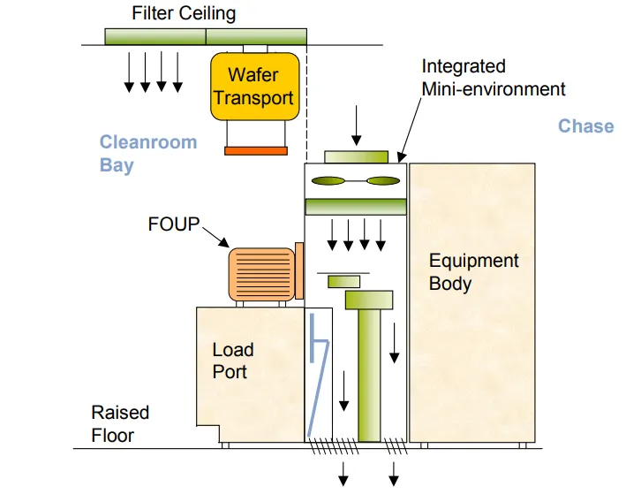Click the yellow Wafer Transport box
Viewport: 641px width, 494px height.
(254, 87)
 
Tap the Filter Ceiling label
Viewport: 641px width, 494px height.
(184, 13)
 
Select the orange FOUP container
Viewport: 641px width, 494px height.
(261, 274)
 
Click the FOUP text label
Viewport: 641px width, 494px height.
(174, 224)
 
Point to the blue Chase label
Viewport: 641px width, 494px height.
(585, 126)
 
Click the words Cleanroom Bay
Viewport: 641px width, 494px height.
(148, 154)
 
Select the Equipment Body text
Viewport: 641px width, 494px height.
(474, 272)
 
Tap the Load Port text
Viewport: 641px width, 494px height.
(233, 361)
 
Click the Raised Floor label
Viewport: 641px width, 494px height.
(120, 424)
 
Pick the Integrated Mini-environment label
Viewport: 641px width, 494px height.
(494, 78)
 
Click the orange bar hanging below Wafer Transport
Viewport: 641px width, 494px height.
(256, 151)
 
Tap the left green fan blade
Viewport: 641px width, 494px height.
(328, 180)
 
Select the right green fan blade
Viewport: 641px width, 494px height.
(383, 180)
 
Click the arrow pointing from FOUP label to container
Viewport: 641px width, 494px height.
(215, 237)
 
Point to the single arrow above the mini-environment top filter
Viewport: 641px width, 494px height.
(357, 125)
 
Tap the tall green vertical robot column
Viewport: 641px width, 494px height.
(369, 375)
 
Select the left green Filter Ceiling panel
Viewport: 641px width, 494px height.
(155, 36)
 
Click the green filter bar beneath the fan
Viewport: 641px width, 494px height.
(356, 207)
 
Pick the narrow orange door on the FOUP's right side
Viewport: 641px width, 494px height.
(298, 270)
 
